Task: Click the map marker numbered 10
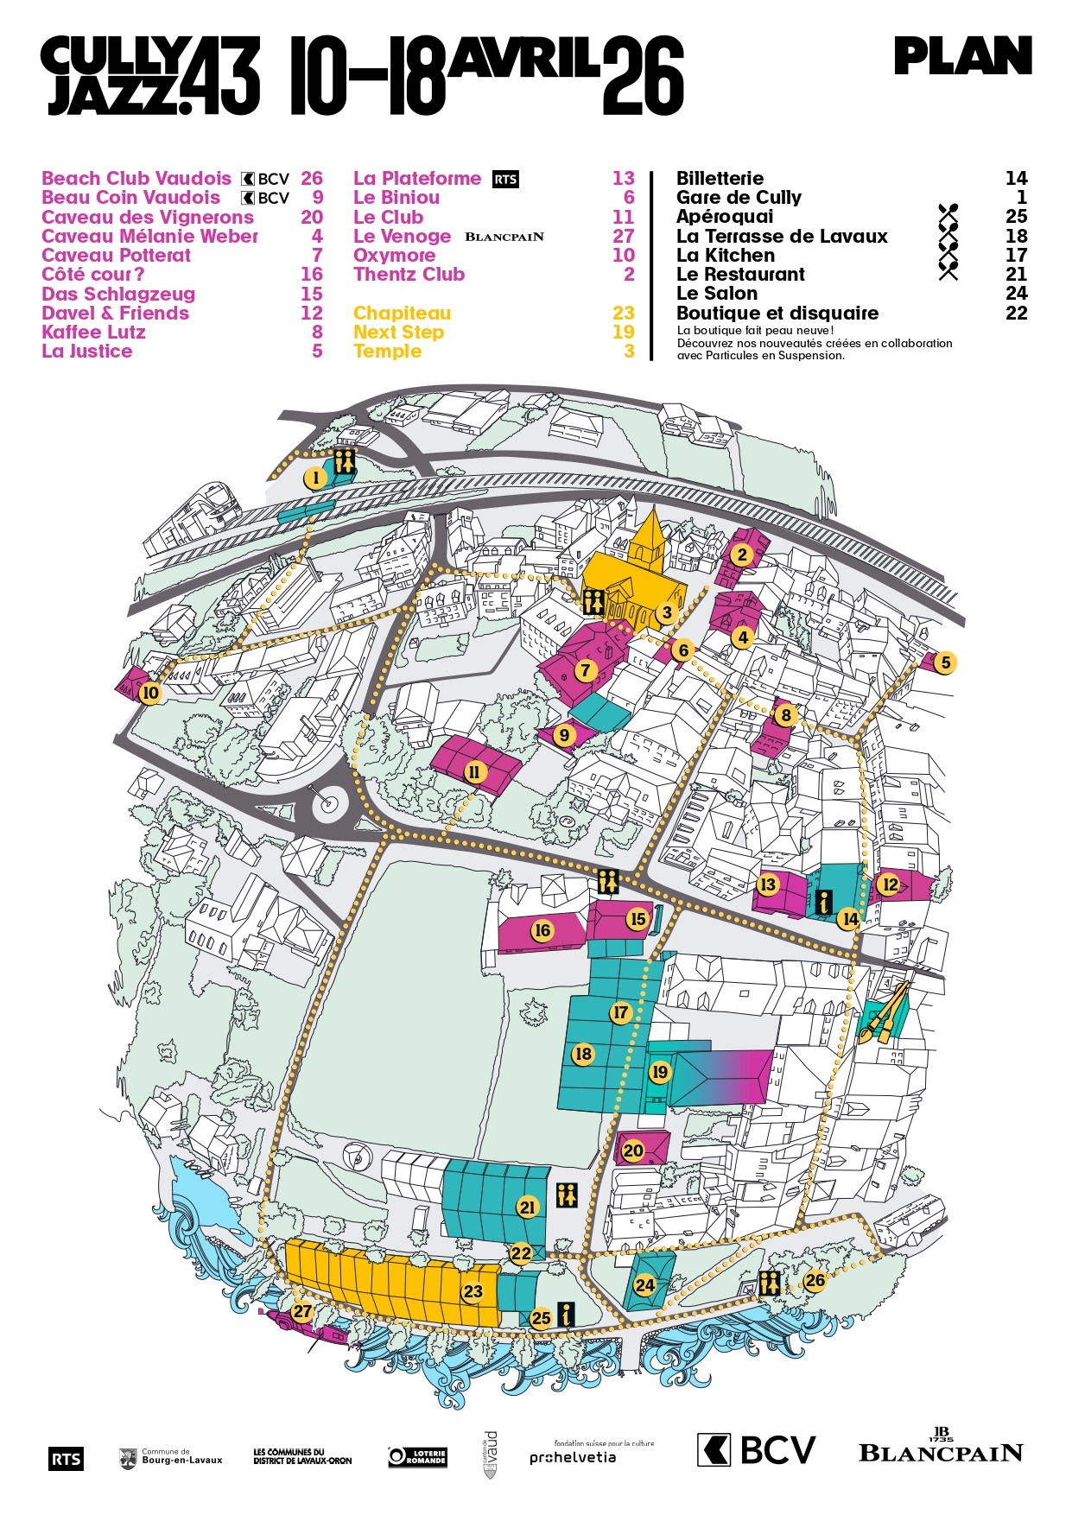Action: pos(150,693)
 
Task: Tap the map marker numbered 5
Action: pos(945,662)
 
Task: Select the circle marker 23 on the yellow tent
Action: pos(473,1291)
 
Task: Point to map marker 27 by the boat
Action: pos(301,1311)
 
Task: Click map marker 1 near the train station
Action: pos(315,478)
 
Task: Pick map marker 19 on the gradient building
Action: pos(659,1072)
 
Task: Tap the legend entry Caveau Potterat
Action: pos(116,256)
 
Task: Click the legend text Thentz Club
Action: pos(409,275)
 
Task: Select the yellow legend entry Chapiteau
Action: pos(402,314)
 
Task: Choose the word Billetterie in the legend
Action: pos(720,179)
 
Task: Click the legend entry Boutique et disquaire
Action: pos(777,314)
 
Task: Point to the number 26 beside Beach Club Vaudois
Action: pos(311,179)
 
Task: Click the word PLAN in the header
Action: pos(962,57)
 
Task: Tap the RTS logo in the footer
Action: pos(66,1459)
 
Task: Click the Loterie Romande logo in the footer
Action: pos(417,1456)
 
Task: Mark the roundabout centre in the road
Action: pos(327,804)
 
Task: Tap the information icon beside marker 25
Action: pos(566,1314)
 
